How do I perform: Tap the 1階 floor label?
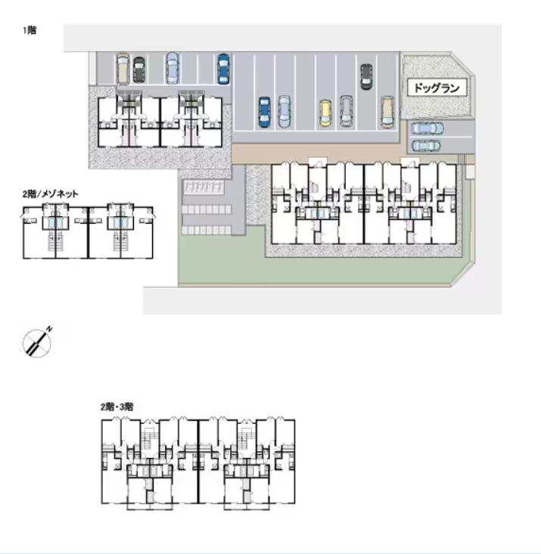pyautogui.click(x=30, y=31)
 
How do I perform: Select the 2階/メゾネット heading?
pyautogui.click(x=51, y=193)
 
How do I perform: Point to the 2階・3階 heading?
pyautogui.click(x=117, y=406)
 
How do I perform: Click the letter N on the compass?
pyautogui.click(x=48, y=330)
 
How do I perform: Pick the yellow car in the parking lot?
pyautogui.click(x=325, y=113)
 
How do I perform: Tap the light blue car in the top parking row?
pyautogui.click(x=173, y=68)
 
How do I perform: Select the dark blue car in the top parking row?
pyautogui.click(x=222, y=67)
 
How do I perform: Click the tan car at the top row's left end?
pyautogui.click(x=123, y=68)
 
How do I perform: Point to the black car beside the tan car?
pyautogui.click(x=138, y=70)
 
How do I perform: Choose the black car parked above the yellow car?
pyautogui.click(x=366, y=76)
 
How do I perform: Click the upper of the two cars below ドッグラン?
pyautogui.click(x=424, y=128)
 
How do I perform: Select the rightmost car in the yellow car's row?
pyautogui.click(x=387, y=111)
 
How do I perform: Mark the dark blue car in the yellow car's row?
pyautogui.click(x=264, y=112)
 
